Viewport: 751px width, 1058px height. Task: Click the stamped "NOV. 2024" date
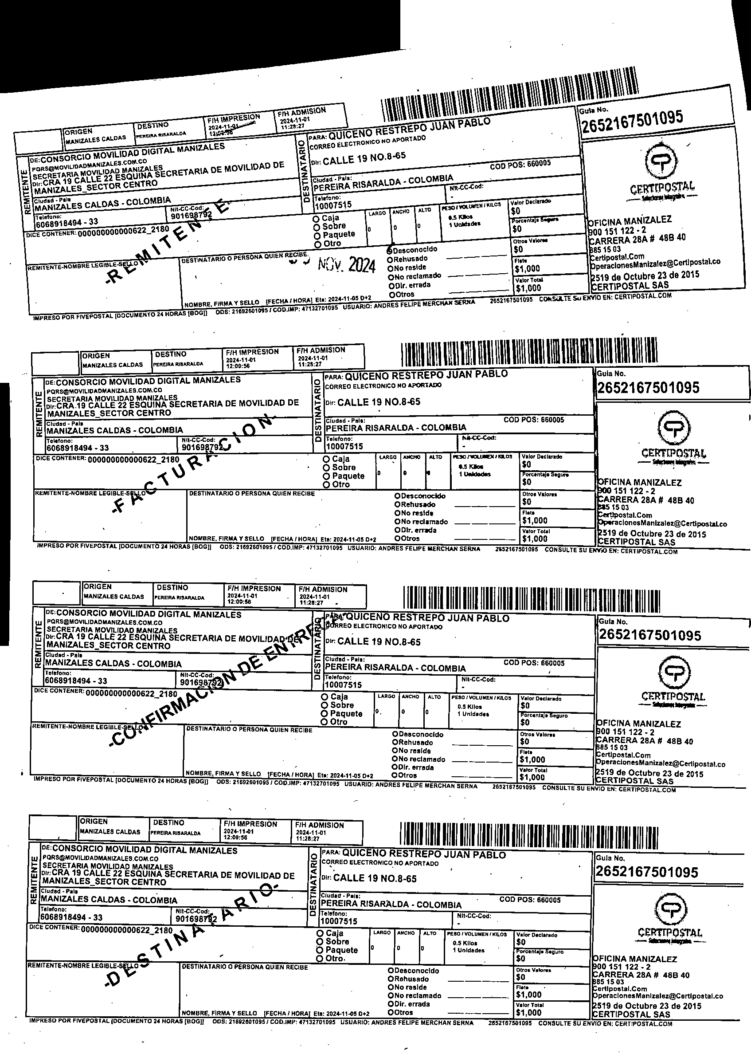(x=347, y=265)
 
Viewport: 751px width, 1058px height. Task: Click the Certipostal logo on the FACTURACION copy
(x=674, y=429)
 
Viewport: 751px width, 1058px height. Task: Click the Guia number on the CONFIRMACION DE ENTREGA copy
(x=650, y=635)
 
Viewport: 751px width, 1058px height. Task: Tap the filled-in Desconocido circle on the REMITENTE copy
(x=390, y=250)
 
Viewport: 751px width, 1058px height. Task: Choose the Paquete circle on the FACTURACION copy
(x=326, y=476)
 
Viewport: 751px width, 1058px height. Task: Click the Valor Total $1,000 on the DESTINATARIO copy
(x=528, y=1013)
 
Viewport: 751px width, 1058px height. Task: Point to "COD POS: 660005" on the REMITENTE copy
(x=520, y=165)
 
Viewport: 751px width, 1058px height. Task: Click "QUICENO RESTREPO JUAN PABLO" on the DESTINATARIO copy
(x=423, y=854)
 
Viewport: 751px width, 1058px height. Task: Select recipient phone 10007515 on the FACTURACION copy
(x=344, y=446)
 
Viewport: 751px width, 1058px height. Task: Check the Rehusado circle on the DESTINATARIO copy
(x=391, y=979)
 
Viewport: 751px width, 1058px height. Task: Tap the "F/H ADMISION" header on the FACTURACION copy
(x=321, y=350)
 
